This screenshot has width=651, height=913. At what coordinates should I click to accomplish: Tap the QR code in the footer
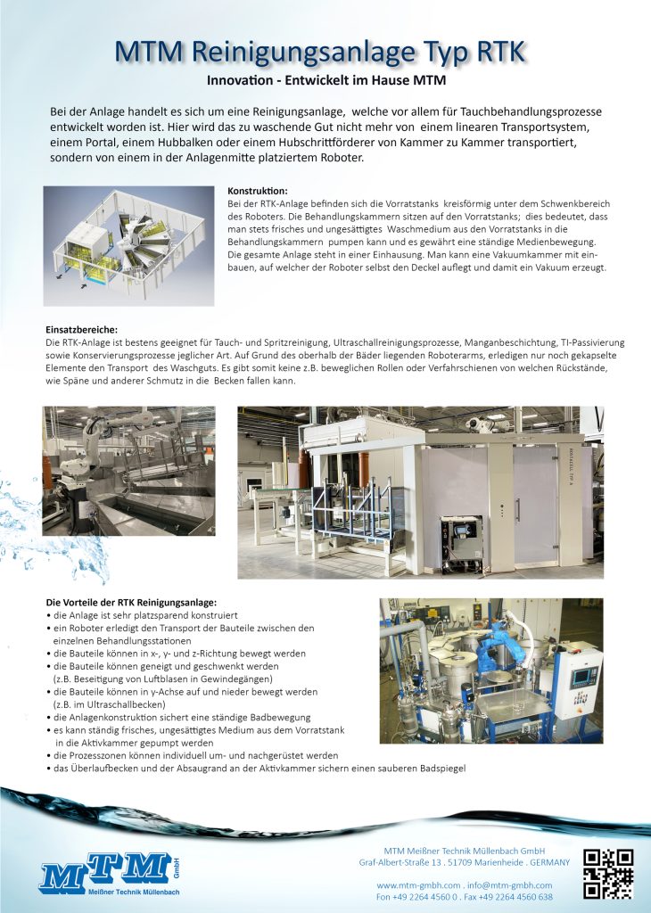point(608,873)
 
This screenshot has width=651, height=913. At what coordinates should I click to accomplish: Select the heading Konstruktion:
point(257,192)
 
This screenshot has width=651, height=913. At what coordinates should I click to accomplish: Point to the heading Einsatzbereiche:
point(81,330)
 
